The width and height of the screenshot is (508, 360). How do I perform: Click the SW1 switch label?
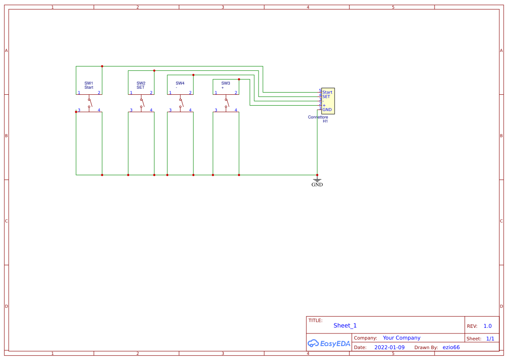click(x=89, y=83)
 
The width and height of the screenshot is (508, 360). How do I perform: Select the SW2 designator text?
click(x=141, y=83)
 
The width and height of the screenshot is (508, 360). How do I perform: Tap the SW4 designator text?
click(x=180, y=83)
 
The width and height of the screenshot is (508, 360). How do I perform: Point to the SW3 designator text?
click(x=226, y=83)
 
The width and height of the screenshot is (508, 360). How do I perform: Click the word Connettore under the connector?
click(x=318, y=117)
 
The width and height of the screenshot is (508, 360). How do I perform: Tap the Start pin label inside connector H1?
click(x=327, y=92)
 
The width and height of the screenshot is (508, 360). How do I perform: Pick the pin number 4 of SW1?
click(x=99, y=110)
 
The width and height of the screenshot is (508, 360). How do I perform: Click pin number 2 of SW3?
click(x=236, y=93)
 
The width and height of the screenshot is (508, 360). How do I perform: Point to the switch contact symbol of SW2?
click(x=142, y=103)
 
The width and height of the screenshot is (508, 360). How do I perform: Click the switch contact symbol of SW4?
click(x=181, y=103)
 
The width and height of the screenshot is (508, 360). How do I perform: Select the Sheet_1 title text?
click(x=345, y=326)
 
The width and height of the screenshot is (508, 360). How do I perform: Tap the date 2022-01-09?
click(x=389, y=347)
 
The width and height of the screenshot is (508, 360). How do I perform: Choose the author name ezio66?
click(x=451, y=347)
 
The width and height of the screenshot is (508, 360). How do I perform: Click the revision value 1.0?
click(x=488, y=326)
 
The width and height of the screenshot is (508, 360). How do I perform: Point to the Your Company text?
click(x=402, y=338)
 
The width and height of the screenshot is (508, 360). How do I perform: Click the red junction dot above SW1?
click(x=102, y=67)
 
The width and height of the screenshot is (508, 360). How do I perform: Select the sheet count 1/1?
click(x=490, y=339)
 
